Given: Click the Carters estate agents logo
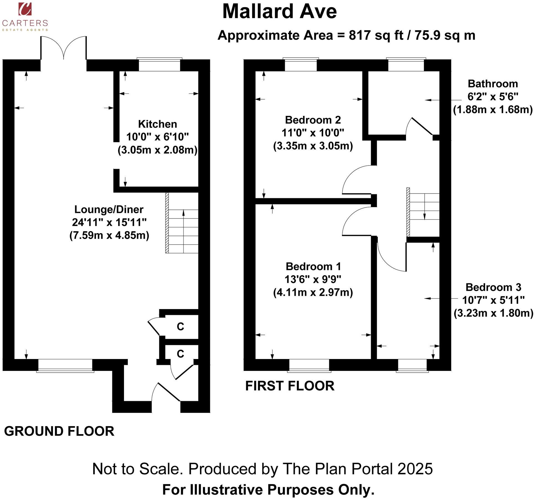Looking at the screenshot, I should (x=25, y=17).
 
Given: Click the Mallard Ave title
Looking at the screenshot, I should (x=279, y=12).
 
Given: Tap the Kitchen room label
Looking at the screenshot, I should (x=157, y=124).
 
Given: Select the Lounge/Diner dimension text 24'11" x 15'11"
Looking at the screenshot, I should (x=109, y=222).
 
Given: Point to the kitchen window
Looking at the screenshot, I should (x=159, y=65).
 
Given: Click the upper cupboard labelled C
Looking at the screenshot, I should (x=180, y=327).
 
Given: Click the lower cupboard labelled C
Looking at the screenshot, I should (x=180, y=354).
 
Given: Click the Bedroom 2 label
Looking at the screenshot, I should (x=313, y=120).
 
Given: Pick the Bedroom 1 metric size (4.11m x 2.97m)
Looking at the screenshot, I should (x=313, y=292).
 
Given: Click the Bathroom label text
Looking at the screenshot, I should (x=493, y=84).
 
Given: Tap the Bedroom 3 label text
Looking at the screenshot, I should (x=493, y=287).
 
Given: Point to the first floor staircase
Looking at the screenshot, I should (x=424, y=212).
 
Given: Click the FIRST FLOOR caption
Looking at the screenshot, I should (x=290, y=386).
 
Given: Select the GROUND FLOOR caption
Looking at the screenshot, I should (x=59, y=431).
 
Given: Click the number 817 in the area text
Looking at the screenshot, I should (x=360, y=35).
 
